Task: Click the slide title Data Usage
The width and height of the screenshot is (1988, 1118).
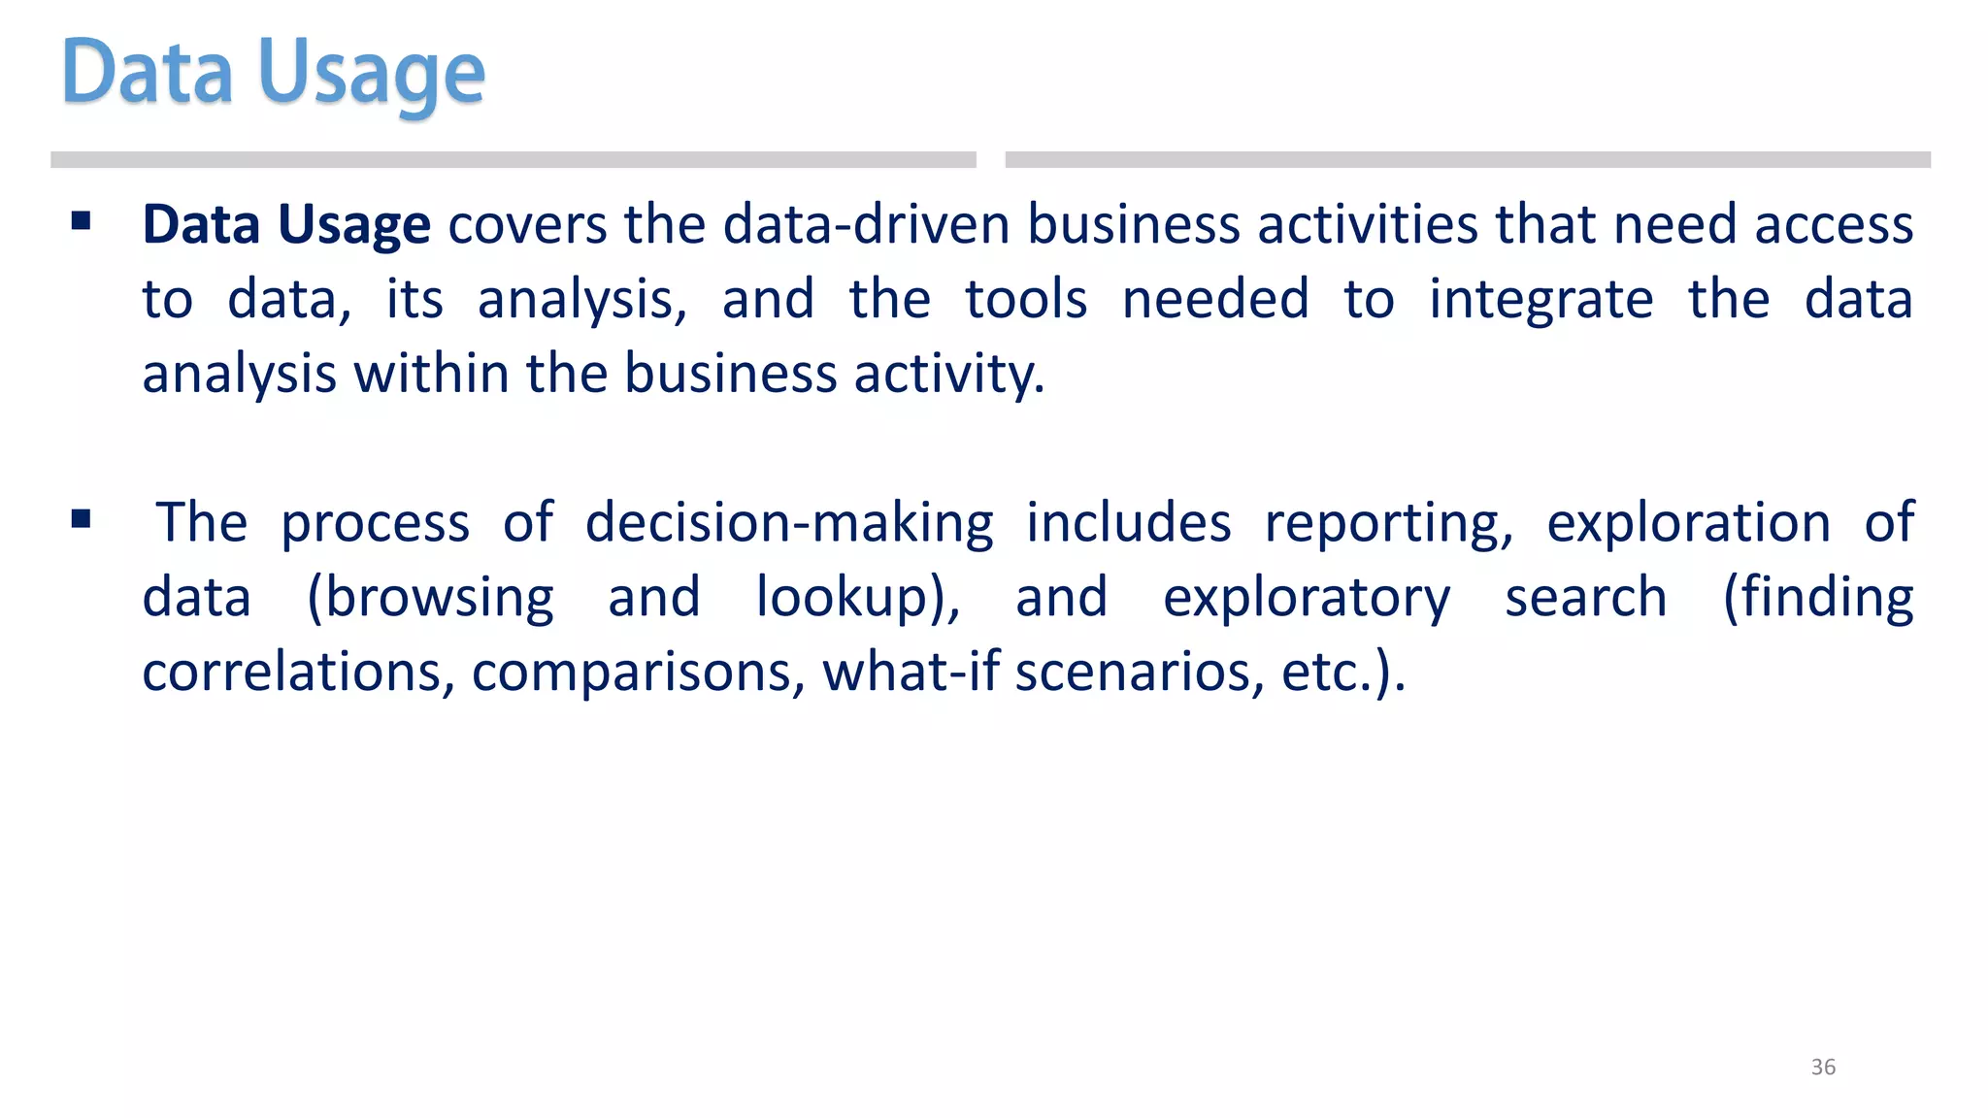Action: tap(273, 74)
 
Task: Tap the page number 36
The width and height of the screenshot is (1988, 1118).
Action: tap(1823, 1067)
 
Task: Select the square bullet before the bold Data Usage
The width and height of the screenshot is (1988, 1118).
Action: tap(82, 222)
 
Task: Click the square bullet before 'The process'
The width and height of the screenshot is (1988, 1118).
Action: tap(82, 520)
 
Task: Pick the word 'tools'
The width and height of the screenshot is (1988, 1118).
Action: tap(1026, 299)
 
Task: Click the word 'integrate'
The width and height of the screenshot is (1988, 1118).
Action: tap(1541, 301)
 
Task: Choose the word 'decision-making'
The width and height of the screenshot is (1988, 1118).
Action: tap(789, 524)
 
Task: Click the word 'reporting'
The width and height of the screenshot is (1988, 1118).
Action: tap(1388, 524)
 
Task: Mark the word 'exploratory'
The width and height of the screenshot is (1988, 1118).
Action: tap(1307, 599)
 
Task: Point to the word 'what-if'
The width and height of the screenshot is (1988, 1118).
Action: tap(911, 672)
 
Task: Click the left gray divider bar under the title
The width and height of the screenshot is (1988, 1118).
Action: tap(513, 160)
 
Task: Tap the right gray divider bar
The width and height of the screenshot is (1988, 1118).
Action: tap(1467, 160)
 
